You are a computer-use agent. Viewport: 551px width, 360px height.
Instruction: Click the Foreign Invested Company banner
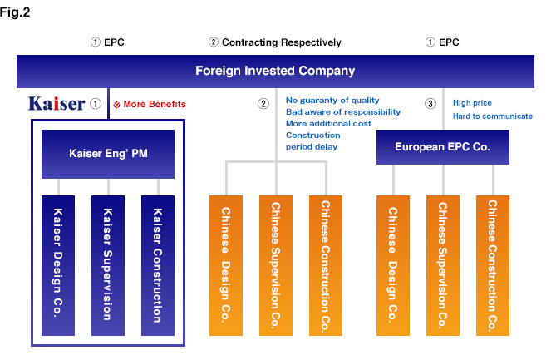(x=274, y=71)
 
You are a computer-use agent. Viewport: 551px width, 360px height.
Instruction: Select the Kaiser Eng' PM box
(x=109, y=154)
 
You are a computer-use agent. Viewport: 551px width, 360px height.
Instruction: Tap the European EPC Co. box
(x=442, y=146)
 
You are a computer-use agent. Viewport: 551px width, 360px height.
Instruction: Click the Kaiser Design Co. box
(x=59, y=265)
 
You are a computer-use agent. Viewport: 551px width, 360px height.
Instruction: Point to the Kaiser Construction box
(x=159, y=265)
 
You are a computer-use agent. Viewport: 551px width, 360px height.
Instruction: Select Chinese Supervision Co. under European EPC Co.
(x=443, y=265)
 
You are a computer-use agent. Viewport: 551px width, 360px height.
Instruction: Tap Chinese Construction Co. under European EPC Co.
(x=493, y=265)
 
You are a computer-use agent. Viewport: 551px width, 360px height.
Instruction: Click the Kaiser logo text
(x=56, y=104)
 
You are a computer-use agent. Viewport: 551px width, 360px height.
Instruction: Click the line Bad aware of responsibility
(x=342, y=111)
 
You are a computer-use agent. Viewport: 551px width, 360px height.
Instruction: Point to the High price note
(x=472, y=103)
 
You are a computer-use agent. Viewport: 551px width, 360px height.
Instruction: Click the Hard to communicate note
(x=492, y=116)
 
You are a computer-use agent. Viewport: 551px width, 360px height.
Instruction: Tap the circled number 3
(x=430, y=104)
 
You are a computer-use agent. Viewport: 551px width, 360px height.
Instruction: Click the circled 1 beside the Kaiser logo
(x=96, y=105)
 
